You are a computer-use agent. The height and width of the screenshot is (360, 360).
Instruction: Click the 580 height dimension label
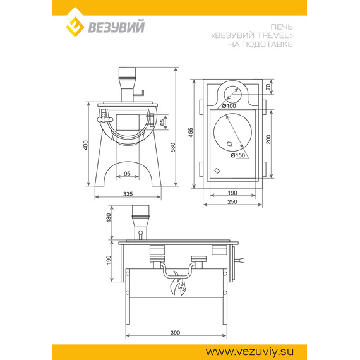coord(173,147)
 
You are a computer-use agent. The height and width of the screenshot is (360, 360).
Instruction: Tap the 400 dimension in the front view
coord(85,145)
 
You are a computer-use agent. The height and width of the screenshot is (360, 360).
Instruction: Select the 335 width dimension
coord(128,194)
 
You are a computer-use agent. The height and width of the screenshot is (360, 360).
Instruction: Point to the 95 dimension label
coord(127,174)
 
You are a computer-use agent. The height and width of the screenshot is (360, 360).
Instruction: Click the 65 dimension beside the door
coord(162,122)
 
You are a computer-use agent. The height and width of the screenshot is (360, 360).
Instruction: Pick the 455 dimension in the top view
coord(191,133)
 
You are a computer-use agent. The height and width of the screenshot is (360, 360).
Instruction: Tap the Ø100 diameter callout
coord(229,106)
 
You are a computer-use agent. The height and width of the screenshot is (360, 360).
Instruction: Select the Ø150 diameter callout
coord(238,155)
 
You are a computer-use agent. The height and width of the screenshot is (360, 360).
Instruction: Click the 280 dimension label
coord(268,140)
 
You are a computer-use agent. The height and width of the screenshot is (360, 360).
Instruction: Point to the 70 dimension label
coord(268,87)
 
